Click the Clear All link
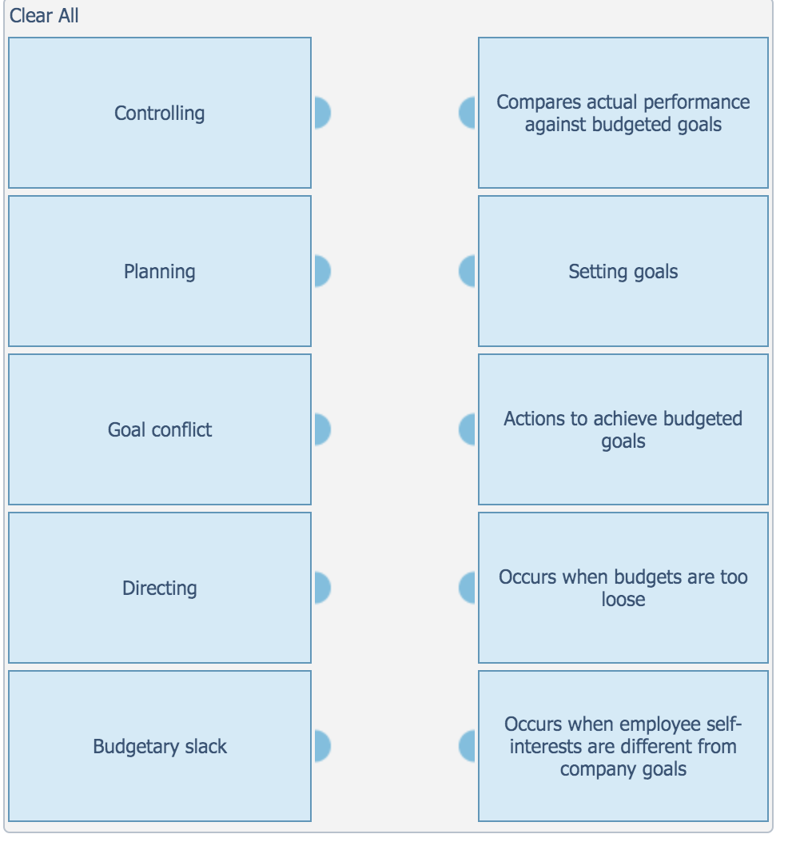click(x=44, y=16)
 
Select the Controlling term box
click(x=159, y=113)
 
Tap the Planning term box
click(x=159, y=271)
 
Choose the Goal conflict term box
click(x=159, y=429)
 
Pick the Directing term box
click(x=159, y=588)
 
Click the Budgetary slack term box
click(x=159, y=746)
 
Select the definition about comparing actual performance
click(x=623, y=113)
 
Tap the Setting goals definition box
click(x=623, y=271)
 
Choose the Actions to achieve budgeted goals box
click(x=623, y=429)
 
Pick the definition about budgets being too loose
click(x=623, y=588)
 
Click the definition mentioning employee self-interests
click(x=623, y=746)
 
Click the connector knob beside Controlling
click(x=321, y=113)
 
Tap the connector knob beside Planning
click(x=321, y=271)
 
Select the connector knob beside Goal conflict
click(x=321, y=429)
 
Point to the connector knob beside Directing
click(x=321, y=588)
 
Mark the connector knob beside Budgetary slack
click(x=321, y=746)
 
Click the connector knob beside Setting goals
click(x=468, y=271)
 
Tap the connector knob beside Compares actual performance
click(x=468, y=113)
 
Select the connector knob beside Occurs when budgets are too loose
click(x=468, y=588)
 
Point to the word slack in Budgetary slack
click(x=206, y=747)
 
